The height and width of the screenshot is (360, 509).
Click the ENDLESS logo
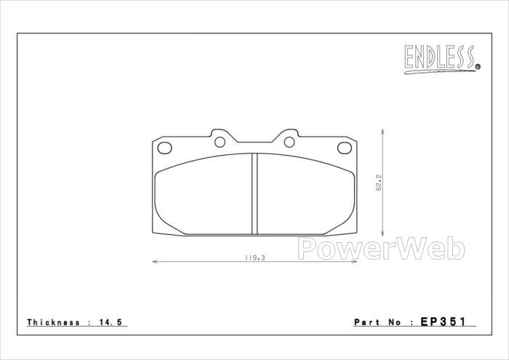pyautogui.click(x=442, y=59)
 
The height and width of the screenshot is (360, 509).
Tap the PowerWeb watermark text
pyautogui.click(x=381, y=248)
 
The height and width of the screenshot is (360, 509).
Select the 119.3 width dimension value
pyautogui.click(x=254, y=257)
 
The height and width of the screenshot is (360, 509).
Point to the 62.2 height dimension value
pyautogui.click(x=379, y=183)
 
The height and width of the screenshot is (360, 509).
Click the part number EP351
pyautogui.click(x=443, y=321)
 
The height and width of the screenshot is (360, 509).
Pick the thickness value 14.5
pyautogui.click(x=111, y=322)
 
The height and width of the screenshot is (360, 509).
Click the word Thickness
pyautogui.click(x=54, y=322)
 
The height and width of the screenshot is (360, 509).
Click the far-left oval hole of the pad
pyautogui.click(x=164, y=148)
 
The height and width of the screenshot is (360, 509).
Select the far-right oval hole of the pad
pyautogui.click(x=345, y=148)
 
